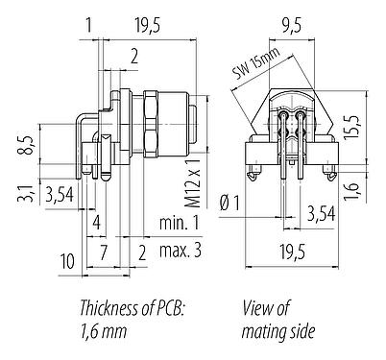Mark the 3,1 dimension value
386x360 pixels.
(29, 196)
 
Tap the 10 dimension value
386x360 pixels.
(68, 259)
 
